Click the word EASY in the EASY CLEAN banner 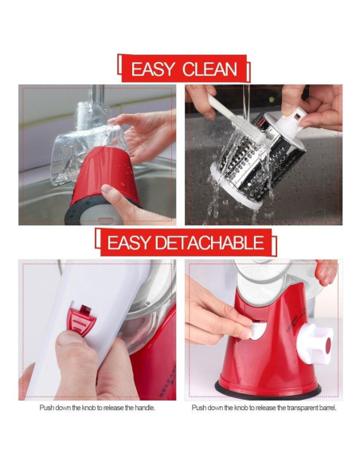pos(152,68)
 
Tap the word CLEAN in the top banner pos(209,68)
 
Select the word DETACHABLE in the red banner pos(209,243)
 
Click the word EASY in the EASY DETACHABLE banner pos(126,243)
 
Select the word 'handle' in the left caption pos(143,408)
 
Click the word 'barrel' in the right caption pos(325,408)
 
